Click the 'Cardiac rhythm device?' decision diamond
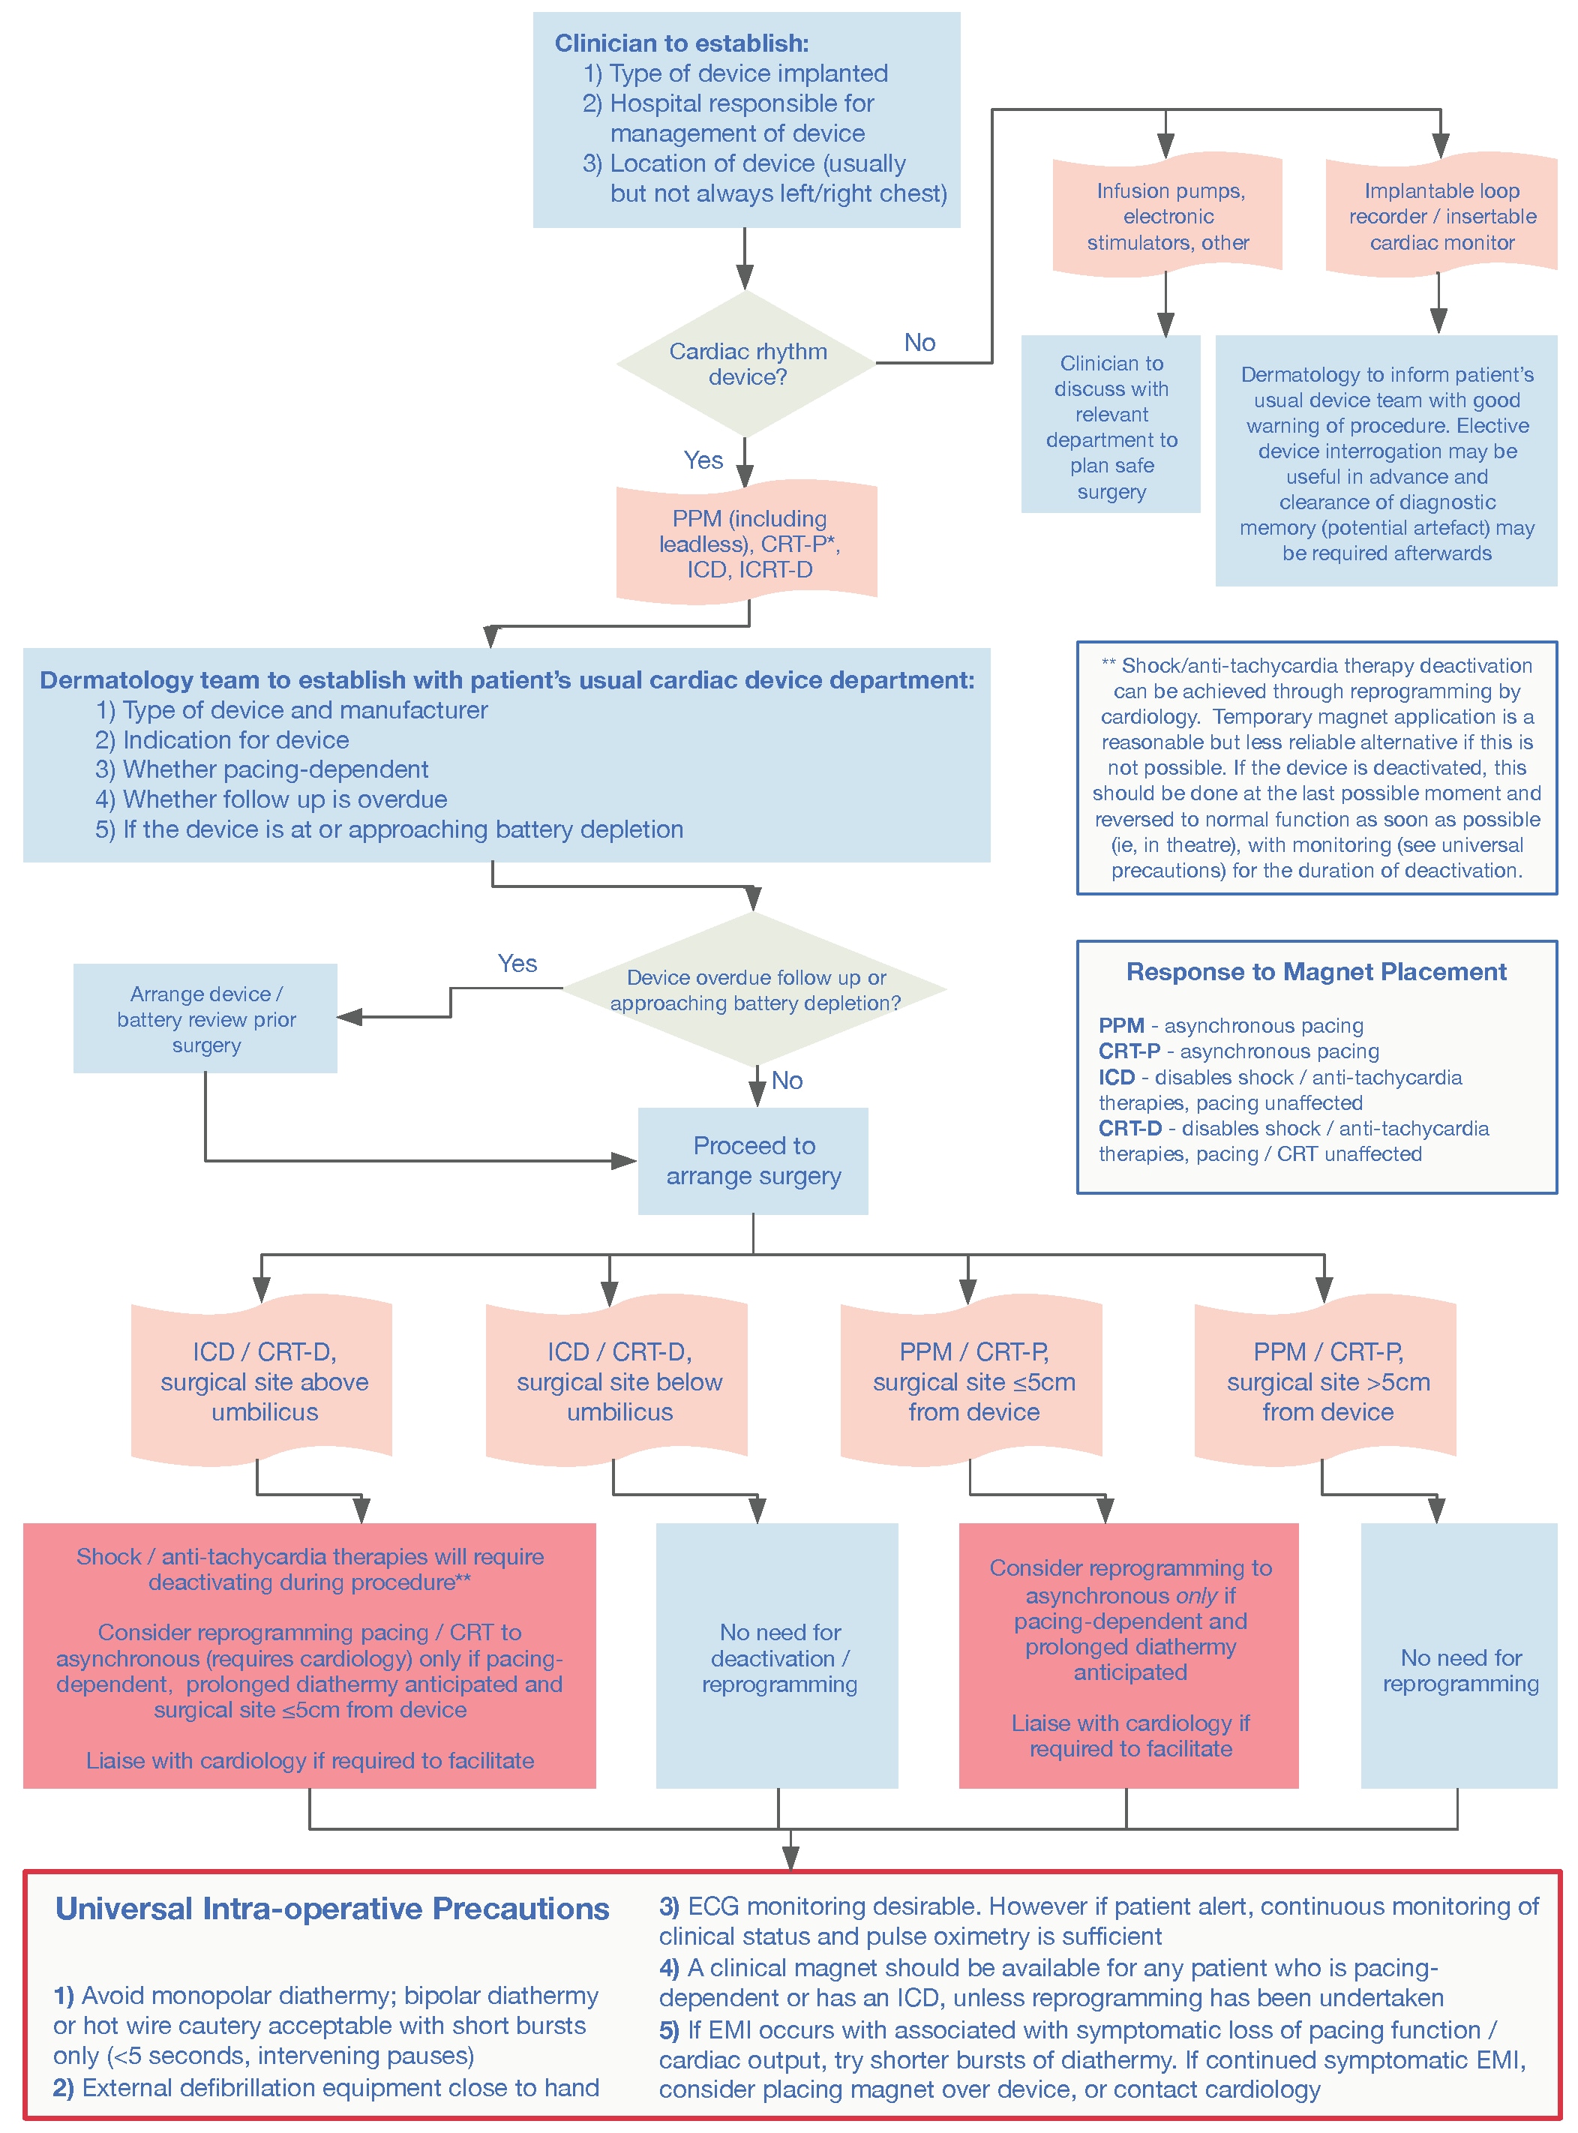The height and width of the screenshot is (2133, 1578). pos(746,363)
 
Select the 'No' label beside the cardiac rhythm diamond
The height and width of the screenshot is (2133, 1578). pos(919,342)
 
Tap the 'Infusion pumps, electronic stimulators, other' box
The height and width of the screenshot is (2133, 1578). pos(1166,216)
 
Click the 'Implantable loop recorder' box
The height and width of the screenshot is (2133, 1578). pos(1441,216)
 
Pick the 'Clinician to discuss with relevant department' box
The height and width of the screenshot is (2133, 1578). pos(1110,425)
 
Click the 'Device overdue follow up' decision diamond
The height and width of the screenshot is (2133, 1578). pos(754,989)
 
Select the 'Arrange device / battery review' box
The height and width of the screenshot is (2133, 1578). pos(205,1018)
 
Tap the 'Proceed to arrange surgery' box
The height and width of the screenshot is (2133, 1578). pos(753,1159)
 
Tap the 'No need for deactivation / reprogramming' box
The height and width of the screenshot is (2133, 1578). pos(778,1657)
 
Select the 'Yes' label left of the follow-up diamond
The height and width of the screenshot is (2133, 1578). pos(517,963)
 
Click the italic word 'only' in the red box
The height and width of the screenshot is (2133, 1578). pos(1196,1595)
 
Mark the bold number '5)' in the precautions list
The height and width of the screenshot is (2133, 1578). pos(669,2029)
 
